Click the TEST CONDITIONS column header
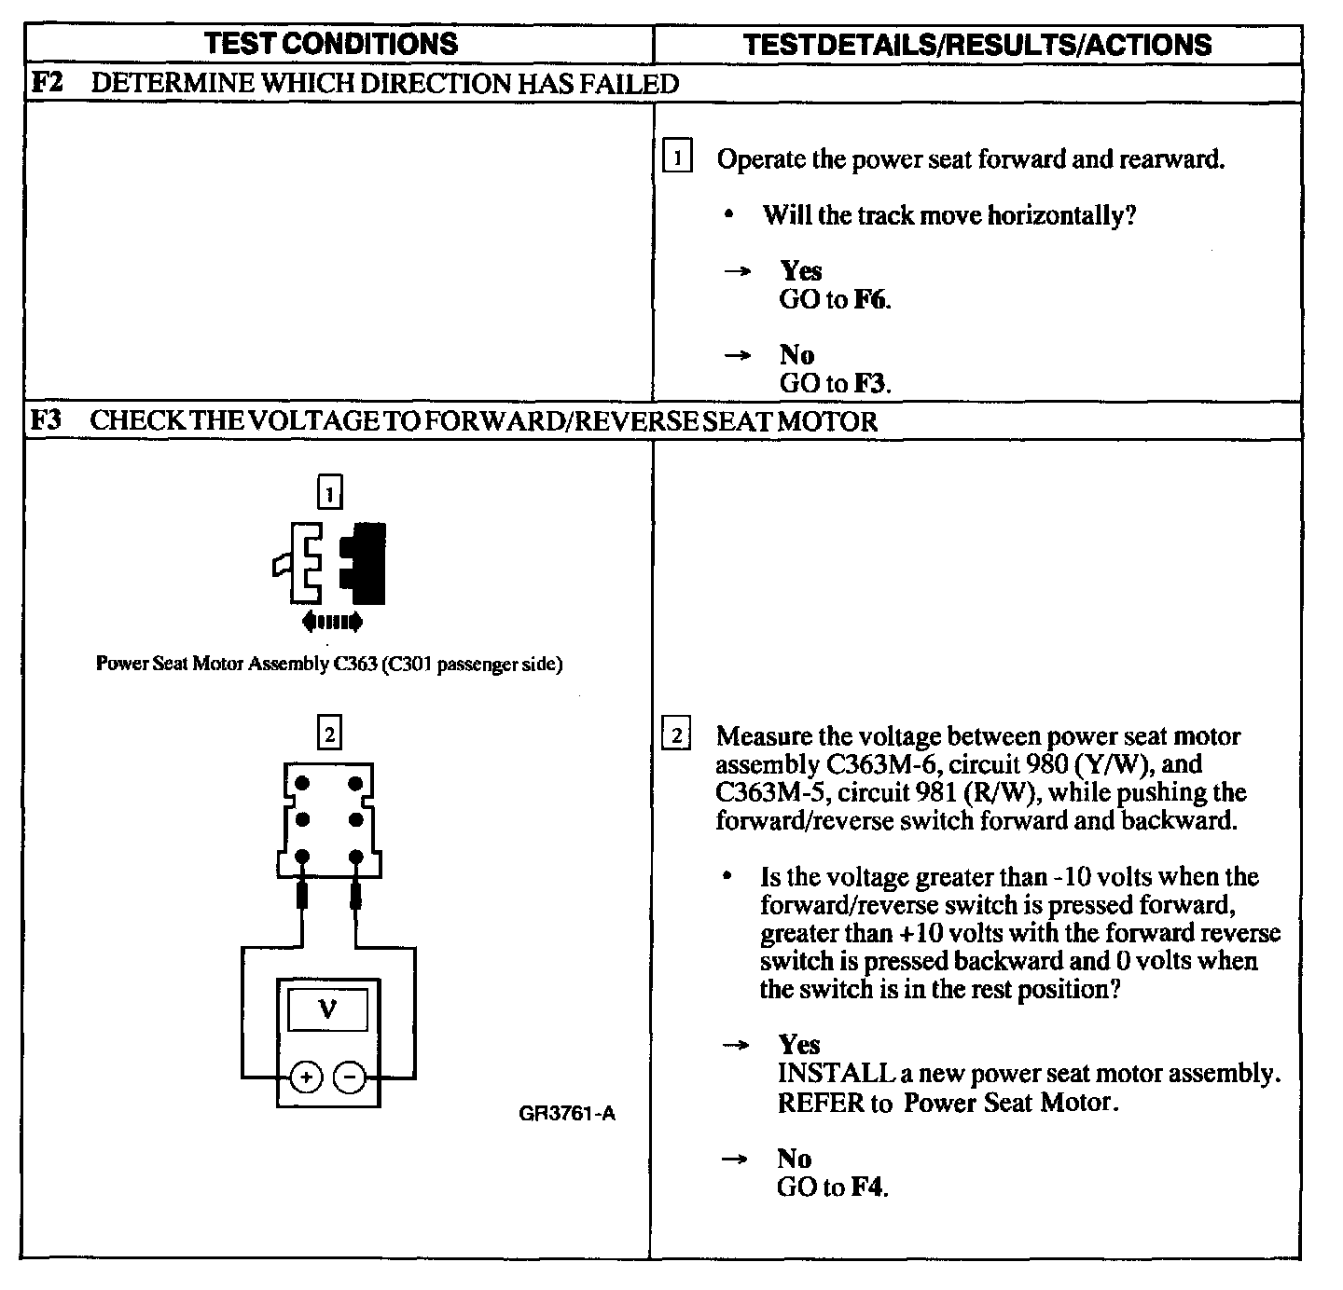coord(331,43)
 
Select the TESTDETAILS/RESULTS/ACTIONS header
coord(977,44)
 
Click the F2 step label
coord(46,83)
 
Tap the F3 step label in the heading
coord(46,420)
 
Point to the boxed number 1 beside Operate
coord(677,157)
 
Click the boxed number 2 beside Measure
coord(676,735)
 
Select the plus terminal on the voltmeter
coord(305,1078)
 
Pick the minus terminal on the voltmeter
coord(350,1078)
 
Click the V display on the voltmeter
coord(327,1009)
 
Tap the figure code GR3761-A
coord(567,1113)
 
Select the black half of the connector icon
coord(365,563)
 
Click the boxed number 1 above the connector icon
coord(330,491)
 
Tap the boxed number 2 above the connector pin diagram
coord(329,734)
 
